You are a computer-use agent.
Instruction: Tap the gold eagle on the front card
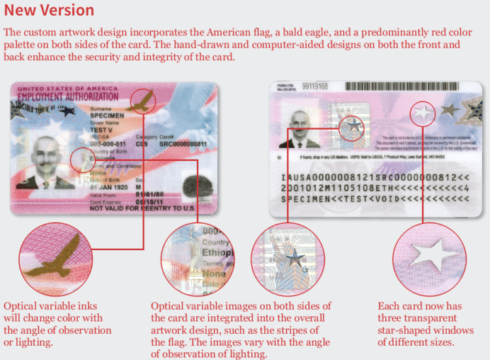144,101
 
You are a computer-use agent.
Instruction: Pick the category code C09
144,143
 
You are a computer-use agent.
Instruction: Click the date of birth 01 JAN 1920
109,187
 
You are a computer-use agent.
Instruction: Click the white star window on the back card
423,112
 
